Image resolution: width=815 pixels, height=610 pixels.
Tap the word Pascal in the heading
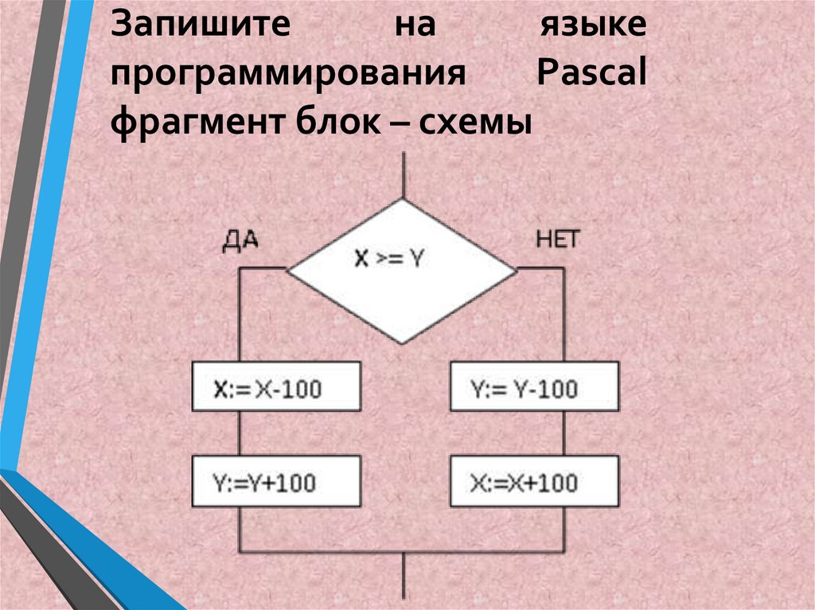(591, 76)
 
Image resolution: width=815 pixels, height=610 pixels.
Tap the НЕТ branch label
(558, 240)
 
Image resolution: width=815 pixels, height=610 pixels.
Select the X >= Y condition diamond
(402, 270)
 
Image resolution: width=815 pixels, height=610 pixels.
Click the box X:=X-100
(275, 387)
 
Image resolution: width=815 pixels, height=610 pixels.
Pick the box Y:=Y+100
(275, 481)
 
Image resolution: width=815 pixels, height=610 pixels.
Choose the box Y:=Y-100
(534, 387)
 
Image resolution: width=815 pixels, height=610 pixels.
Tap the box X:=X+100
(534, 481)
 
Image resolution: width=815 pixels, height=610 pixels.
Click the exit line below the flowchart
(406, 579)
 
